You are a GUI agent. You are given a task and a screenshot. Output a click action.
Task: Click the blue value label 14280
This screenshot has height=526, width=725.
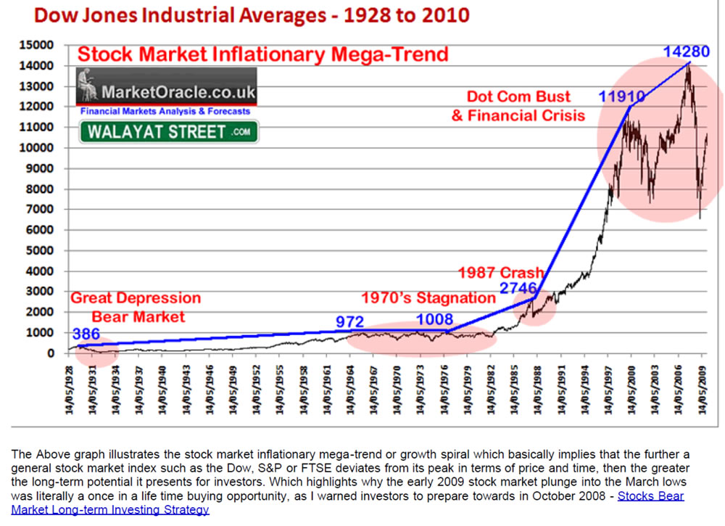click(687, 52)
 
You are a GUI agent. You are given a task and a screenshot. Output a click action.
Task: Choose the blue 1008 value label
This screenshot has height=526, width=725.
click(434, 319)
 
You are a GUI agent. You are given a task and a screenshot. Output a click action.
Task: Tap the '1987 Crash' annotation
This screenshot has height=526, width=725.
click(500, 273)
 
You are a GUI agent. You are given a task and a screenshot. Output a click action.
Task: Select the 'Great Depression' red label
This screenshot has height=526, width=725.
click(135, 298)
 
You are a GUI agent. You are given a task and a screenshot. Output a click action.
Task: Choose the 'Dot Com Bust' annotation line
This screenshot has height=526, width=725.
click(518, 96)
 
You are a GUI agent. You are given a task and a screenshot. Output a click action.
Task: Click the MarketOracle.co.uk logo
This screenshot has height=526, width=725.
click(166, 92)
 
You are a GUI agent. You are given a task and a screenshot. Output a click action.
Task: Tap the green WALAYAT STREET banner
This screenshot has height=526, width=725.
click(168, 132)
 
